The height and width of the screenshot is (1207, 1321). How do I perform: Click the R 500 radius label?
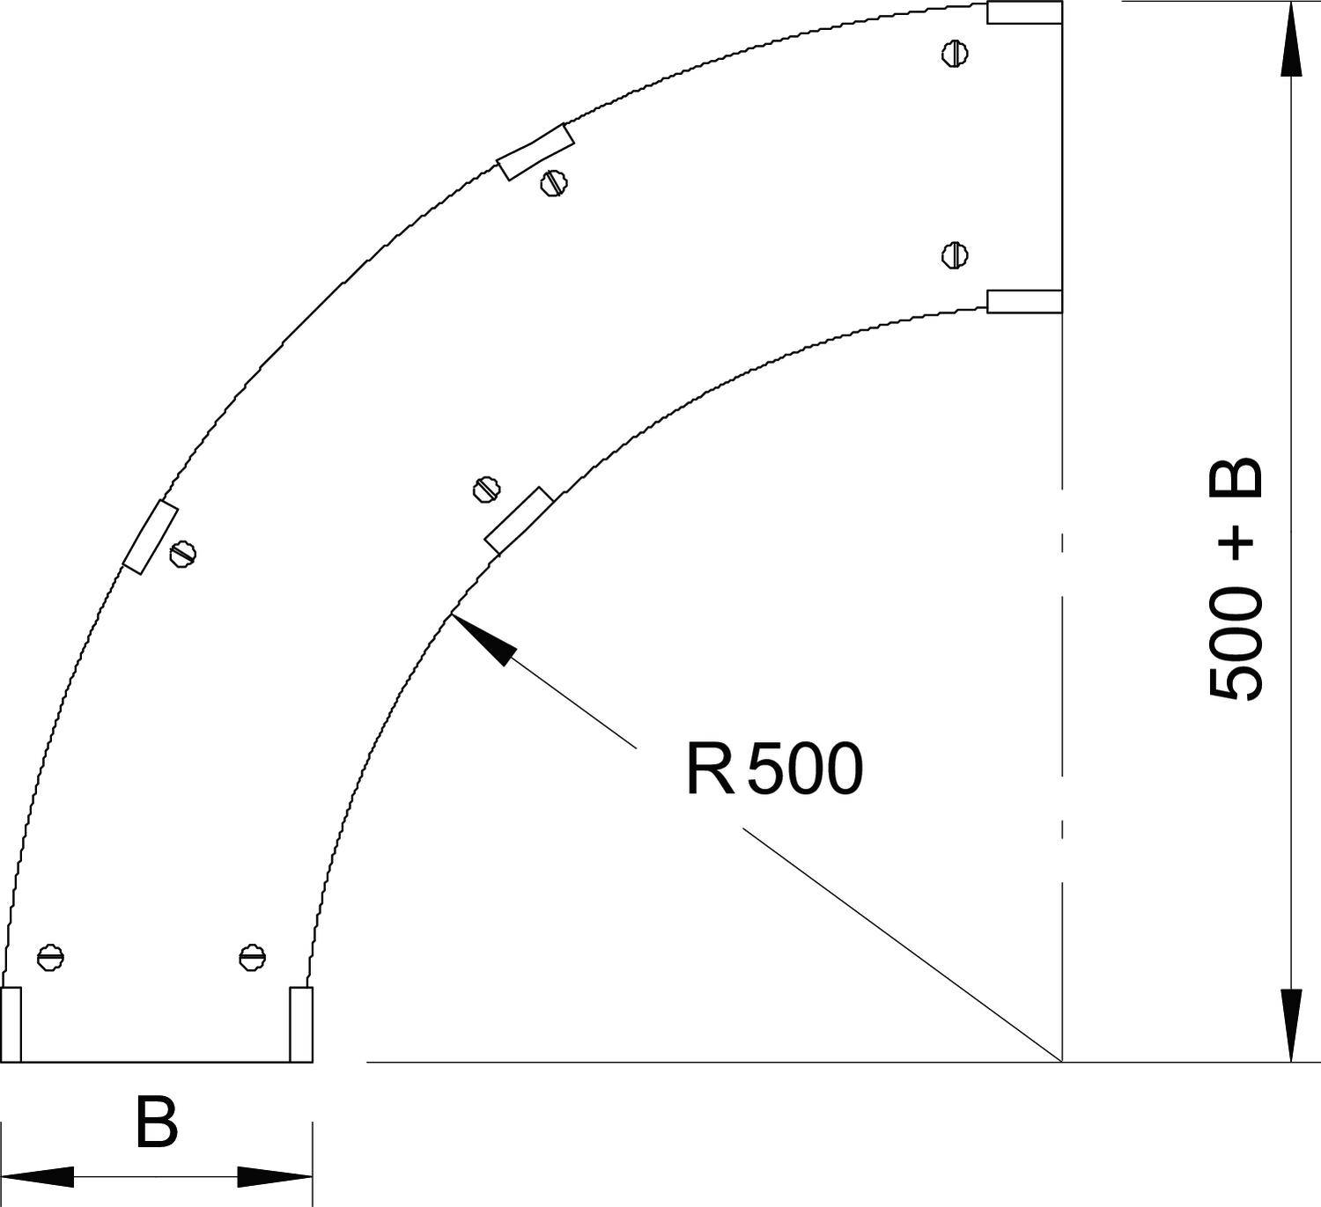click(x=773, y=769)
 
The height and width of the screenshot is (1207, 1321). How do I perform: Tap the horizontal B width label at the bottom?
click(x=157, y=1122)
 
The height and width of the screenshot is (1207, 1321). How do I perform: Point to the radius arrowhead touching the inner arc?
click(x=481, y=638)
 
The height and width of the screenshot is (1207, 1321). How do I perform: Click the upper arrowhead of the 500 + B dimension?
click(x=1291, y=40)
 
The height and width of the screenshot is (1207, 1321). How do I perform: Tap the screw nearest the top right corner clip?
click(x=955, y=54)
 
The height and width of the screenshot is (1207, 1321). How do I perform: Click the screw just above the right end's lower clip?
click(x=955, y=256)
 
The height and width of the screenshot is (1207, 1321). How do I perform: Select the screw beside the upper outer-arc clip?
click(x=553, y=183)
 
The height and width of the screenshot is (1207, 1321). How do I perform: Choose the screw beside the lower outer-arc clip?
click(x=182, y=553)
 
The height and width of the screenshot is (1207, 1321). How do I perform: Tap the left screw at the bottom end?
click(x=51, y=957)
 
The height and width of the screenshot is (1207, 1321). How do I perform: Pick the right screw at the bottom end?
click(x=253, y=957)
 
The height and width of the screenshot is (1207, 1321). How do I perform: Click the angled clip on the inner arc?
click(x=519, y=520)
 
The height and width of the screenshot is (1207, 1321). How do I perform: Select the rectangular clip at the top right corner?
click(x=1024, y=12)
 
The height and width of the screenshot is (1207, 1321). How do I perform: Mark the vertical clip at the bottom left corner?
click(x=11, y=1024)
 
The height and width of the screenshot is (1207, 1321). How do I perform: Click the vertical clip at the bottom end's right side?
click(x=301, y=1024)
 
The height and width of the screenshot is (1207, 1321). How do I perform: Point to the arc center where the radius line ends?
click(x=1062, y=1062)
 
